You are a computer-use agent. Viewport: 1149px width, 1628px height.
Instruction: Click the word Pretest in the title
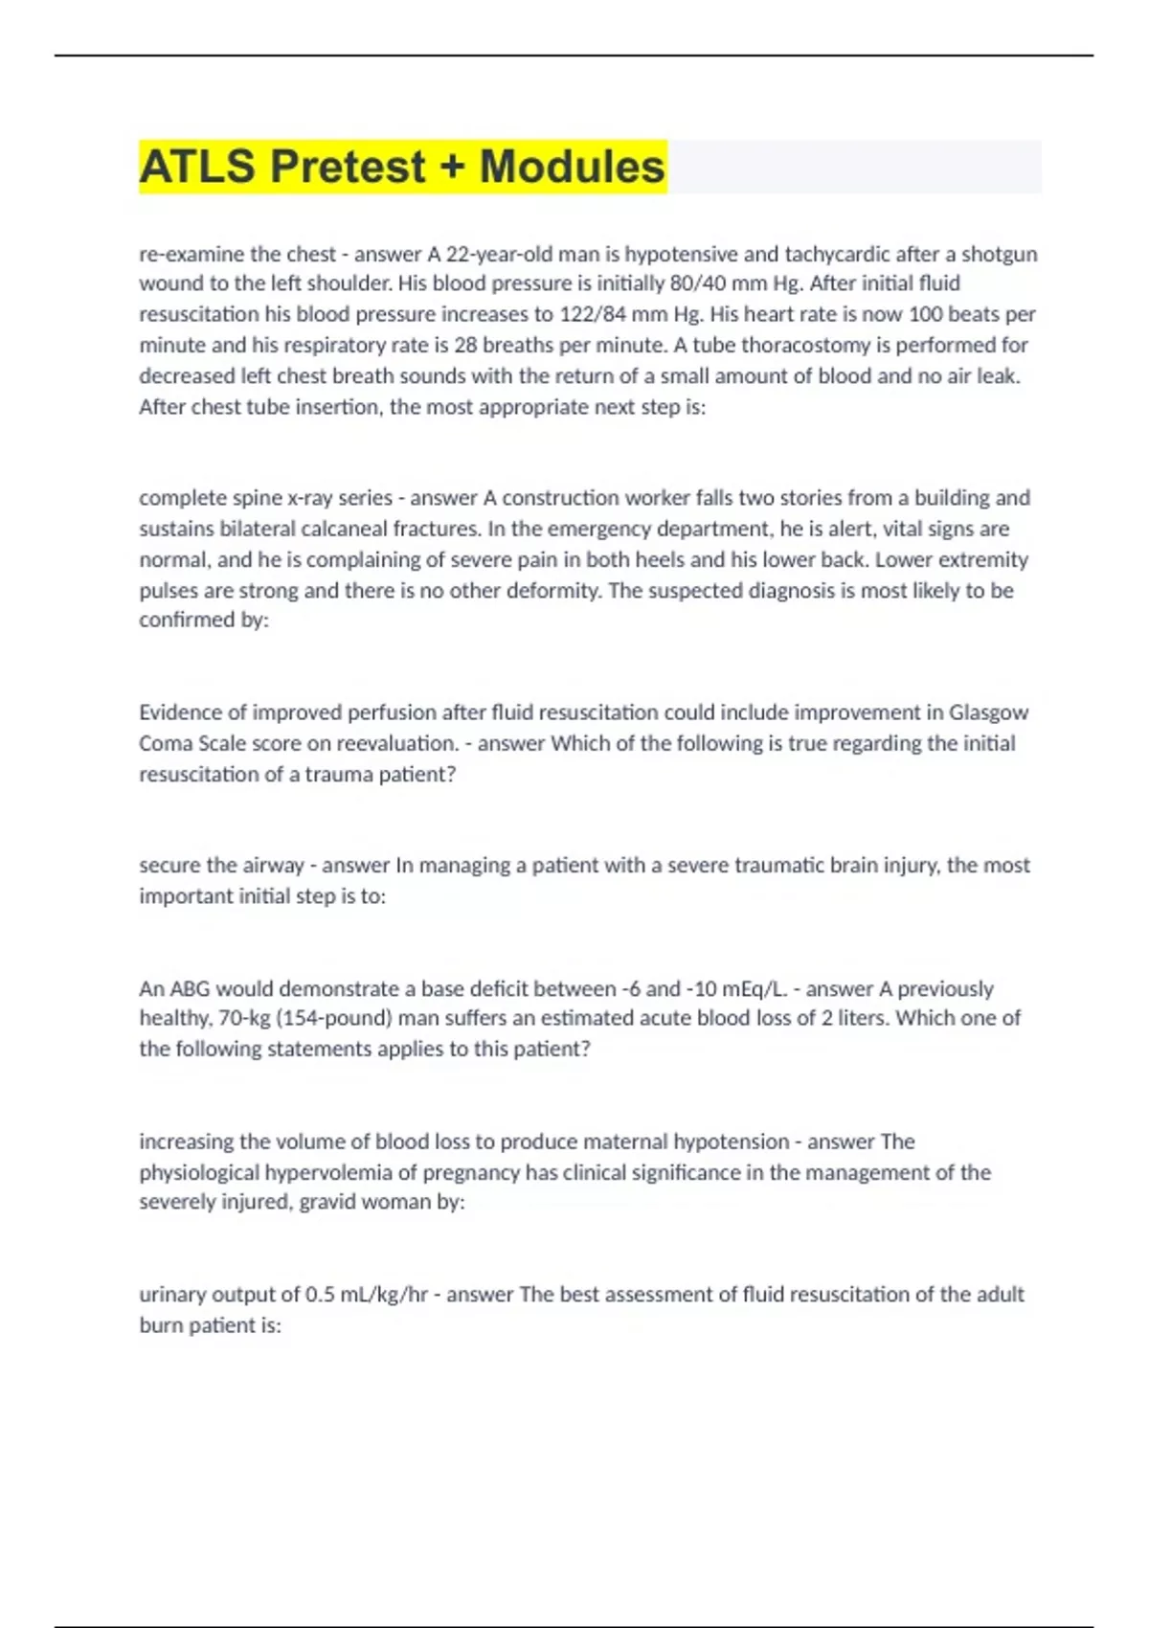[348, 167]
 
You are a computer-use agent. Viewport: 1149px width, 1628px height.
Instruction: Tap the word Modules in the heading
[572, 167]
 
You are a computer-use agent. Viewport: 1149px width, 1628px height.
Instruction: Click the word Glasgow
[988, 712]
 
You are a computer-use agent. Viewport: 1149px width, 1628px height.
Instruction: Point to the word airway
[273, 866]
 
